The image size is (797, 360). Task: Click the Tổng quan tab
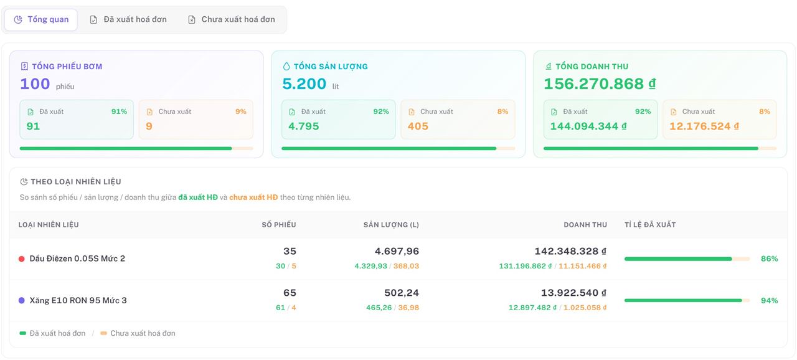click(x=41, y=19)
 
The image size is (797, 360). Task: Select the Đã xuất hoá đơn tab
click(x=128, y=19)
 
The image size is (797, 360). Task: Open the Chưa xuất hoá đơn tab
click(x=231, y=19)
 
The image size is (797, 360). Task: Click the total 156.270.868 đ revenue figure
click(x=600, y=84)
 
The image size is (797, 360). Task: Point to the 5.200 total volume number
click(x=304, y=84)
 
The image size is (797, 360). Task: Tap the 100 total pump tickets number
click(x=35, y=84)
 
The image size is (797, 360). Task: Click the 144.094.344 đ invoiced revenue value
click(x=588, y=126)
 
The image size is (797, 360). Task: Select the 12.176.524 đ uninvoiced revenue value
click(x=704, y=126)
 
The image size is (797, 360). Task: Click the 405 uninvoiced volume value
click(x=418, y=126)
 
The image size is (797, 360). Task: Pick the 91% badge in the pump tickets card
click(x=119, y=111)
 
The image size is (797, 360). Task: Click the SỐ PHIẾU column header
click(x=279, y=225)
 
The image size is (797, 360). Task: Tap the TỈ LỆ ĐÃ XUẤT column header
click(x=650, y=225)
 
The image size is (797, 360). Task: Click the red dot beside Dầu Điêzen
click(x=22, y=259)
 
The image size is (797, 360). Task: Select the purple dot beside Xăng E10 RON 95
click(x=22, y=301)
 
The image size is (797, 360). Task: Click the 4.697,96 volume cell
click(x=397, y=252)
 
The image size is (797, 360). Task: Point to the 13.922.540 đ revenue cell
click(x=574, y=293)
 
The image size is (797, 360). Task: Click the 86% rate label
click(x=769, y=259)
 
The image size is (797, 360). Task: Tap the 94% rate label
click(x=769, y=301)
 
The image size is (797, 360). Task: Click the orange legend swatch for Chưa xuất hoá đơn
click(x=103, y=333)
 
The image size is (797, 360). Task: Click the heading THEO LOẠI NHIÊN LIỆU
click(x=76, y=182)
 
